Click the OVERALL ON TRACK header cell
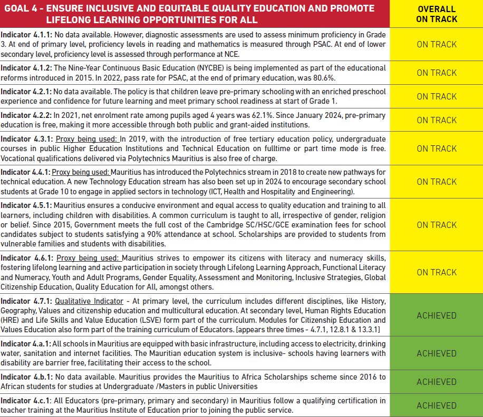click(437, 14)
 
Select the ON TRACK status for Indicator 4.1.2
click(437, 73)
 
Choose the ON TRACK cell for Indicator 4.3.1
click(437, 148)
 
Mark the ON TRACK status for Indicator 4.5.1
click(437, 224)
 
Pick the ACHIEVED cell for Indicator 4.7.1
click(437, 315)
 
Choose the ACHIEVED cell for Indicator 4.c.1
click(437, 405)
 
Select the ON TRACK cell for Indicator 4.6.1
click(437, 272)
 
